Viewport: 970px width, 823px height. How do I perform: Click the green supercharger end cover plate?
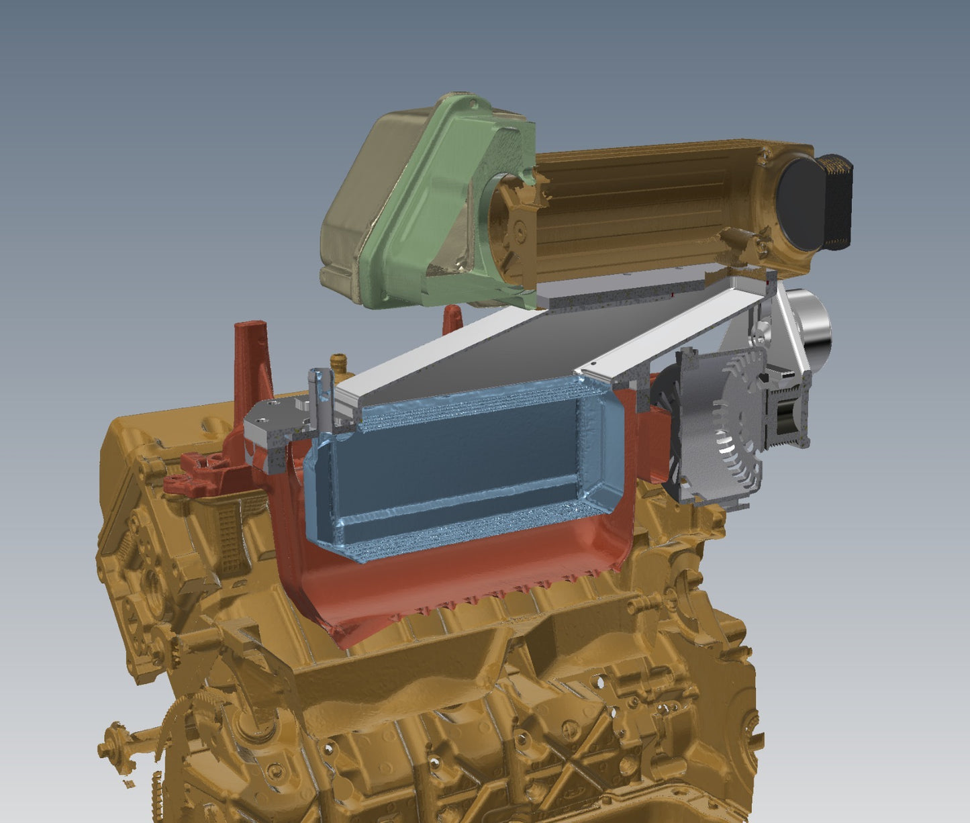pos(436,201)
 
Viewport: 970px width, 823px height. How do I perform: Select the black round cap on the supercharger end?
pos(799,204)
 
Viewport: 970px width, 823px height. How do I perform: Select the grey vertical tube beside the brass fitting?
pos(316,396)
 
